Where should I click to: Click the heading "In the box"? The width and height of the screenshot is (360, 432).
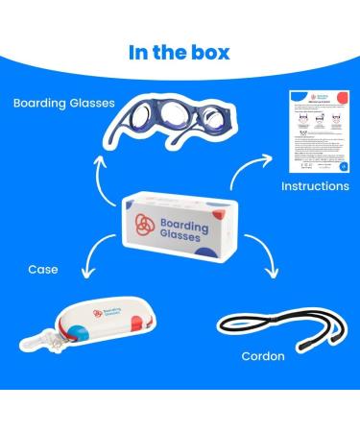click(x=180, y=52)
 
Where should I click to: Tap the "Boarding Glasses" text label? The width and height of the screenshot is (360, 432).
click(x=64, y=102)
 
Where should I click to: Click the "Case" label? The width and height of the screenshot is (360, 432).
click(x=41, y=271)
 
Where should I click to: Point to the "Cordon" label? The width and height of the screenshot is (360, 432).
click(x=263, y=356)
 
